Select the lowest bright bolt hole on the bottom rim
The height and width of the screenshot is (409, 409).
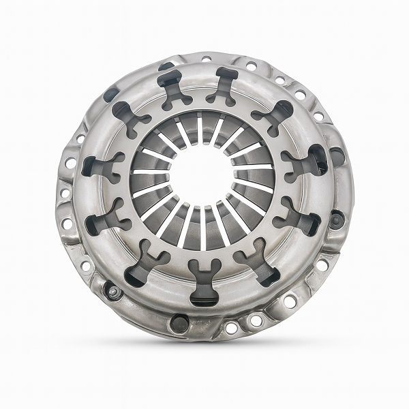pyautogui.click(x=232, y=329)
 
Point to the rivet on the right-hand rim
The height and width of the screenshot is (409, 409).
pyautogui.click(x=336, y=220)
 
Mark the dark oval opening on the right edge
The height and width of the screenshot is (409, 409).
pyautogui.click(x=337, y=157)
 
